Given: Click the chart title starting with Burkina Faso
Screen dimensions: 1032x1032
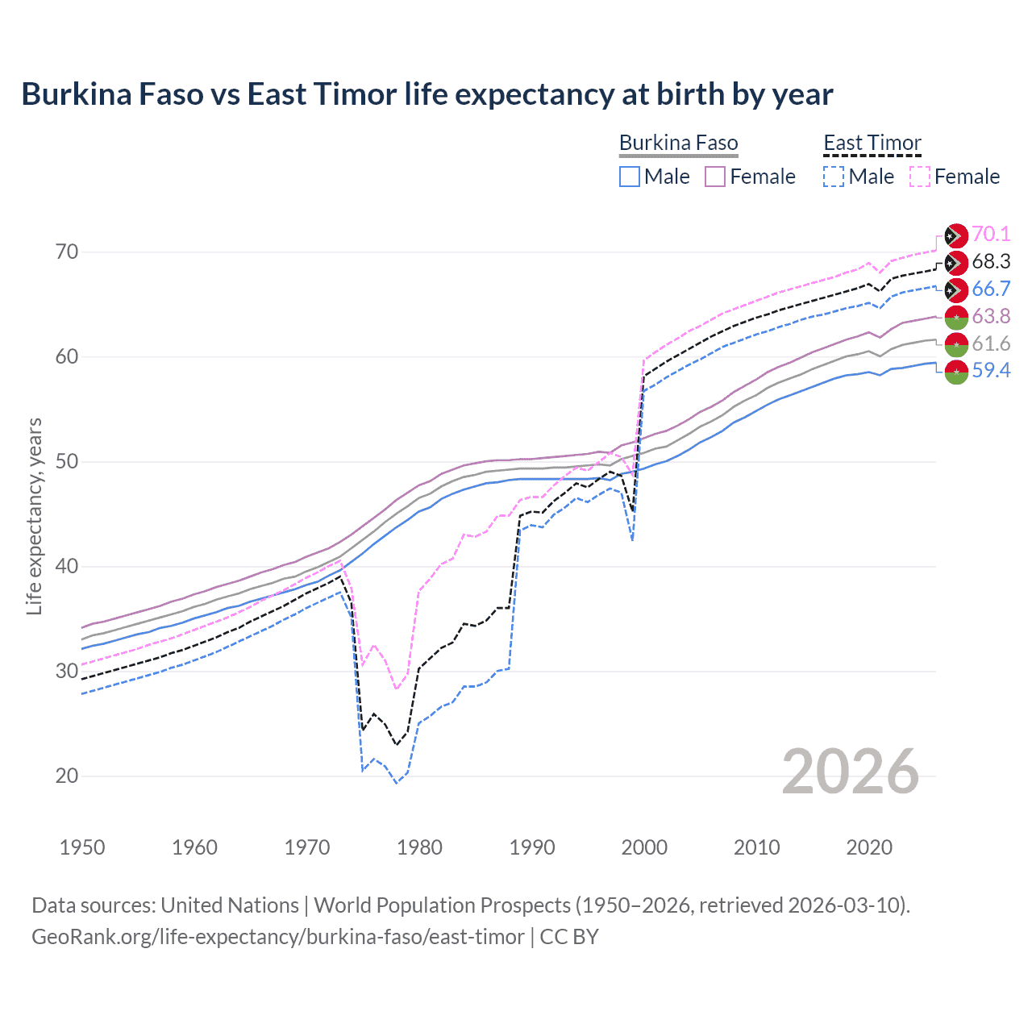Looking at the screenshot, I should [427, 94].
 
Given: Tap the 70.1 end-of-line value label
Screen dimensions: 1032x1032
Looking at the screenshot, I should [991, 234].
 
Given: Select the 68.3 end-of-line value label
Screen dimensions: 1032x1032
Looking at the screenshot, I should [991, 261].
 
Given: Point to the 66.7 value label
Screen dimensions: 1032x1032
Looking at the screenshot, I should [991, 289].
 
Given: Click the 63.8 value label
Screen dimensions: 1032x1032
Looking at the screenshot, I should [991, 316].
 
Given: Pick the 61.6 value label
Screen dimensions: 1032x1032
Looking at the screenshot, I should [991, 343].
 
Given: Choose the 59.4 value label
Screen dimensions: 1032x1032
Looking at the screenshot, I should [991, 371].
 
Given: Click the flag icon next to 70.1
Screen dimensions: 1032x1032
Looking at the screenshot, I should [955, 235].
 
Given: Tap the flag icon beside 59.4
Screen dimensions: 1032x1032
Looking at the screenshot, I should [955, 372].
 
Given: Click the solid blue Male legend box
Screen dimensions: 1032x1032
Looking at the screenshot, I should [630, 177].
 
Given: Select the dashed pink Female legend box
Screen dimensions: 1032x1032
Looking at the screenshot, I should [920, 177].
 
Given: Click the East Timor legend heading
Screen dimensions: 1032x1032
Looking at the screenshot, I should [872, 143].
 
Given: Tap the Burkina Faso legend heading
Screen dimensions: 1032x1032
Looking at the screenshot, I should [678, 143].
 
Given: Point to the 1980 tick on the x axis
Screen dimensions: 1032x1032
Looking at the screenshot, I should [419, 847].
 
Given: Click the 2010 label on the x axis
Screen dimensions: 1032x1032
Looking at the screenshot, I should [756, 847].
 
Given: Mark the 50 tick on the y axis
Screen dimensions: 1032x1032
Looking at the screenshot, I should [67, 462].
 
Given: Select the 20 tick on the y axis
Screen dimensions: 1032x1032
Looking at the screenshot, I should [67, 776].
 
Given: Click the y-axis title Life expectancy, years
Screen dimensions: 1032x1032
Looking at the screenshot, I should [34, 516].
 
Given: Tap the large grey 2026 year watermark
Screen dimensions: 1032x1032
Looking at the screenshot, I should [851, 772].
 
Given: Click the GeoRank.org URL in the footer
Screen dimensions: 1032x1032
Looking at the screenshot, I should [277, 937].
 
